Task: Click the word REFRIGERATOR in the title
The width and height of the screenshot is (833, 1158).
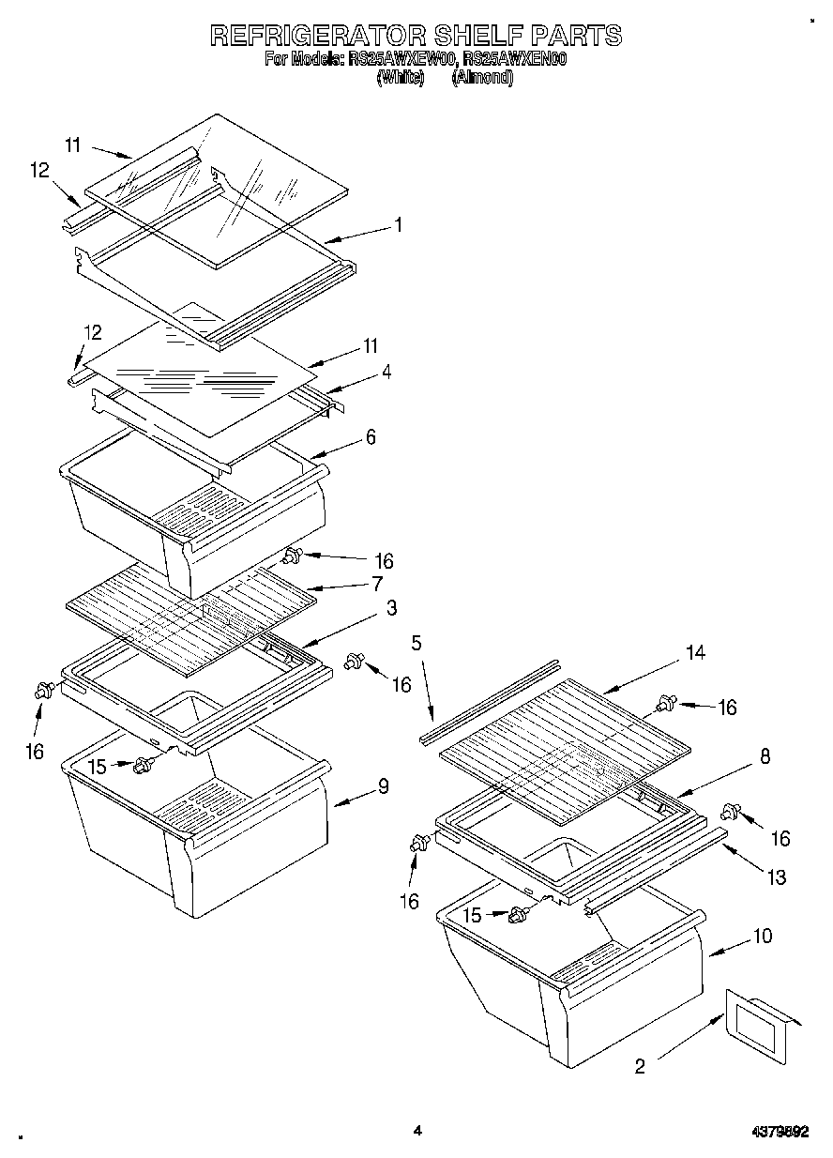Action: tap(318, 36)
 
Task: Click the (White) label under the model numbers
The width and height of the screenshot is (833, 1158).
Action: tap(401, 79)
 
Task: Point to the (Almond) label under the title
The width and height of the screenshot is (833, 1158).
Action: tap(482, 79)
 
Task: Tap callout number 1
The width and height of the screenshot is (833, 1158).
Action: tap(398, 225)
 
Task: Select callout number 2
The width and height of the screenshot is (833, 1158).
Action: tap(641, 1066)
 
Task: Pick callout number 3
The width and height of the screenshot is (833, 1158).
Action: tap(391, 608)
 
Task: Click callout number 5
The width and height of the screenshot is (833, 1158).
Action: tap(416, 644)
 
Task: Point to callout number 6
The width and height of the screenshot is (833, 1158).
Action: tap(371, 436)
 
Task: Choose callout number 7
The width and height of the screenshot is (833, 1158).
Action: tap(376, 584)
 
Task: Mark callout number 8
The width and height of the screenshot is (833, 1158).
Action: tap(765, 756)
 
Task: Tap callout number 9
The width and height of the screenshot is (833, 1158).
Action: tap(383, 786)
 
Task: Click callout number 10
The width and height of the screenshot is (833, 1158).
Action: tap(762, 936)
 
